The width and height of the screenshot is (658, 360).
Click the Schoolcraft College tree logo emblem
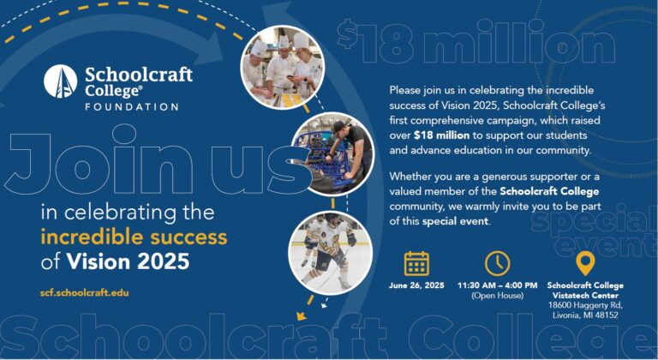click(61, 82)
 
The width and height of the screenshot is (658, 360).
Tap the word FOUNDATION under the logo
click(131, 107)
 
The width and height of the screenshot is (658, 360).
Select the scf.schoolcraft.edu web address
click(83, 292)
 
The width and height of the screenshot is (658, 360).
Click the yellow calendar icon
click(416, 263)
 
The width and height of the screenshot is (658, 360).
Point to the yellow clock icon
click(497, 263)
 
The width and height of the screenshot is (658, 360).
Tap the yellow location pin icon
click(584, 263)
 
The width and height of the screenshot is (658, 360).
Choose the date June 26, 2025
click(416, 285)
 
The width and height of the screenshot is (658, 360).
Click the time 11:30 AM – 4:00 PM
click(497, 285)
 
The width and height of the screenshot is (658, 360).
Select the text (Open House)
click(497, 296)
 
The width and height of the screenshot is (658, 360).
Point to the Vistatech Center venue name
click(585, 295)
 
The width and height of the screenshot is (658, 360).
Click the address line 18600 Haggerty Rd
click(585, 305)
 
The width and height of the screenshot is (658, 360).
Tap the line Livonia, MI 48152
click(585, 315)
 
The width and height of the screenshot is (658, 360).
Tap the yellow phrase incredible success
click(133, 236)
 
